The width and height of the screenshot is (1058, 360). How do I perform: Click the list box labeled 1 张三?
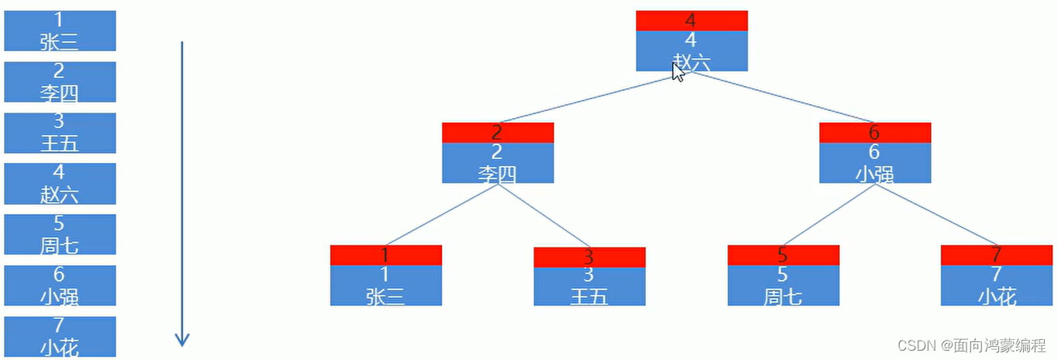pyautogui.click(x=60, y=31)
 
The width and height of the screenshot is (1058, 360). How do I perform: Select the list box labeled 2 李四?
pyautogui.click(x=60, y=82)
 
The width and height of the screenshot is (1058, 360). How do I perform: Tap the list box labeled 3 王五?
pyautogui.click(x=60, y=133)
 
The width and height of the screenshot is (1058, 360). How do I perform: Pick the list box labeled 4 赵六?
pyautogui.click(x=60, y=183)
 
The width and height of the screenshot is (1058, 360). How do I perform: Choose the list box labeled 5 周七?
pyautogui.click(x=60, y=234)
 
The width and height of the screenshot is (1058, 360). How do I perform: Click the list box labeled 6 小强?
pyautogui.click(x=60, y=286)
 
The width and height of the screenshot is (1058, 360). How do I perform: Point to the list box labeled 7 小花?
pyautogui.click(x=60, y=337)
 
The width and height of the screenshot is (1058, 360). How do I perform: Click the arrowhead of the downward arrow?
pyautogui.click(x=182, y=340)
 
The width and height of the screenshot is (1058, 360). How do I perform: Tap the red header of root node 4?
pyautogui.click(x=691, y=21)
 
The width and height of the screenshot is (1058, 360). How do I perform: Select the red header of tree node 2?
pyautogui.click(x=497, y=133)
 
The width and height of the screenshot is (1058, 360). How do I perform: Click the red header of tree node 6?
pyautogui.click(x=874, y=133)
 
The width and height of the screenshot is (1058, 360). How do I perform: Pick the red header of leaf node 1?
pyautogui.click(x=386, y=255)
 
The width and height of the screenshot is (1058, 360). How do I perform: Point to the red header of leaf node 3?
pyautogui.click(x=589, y=258)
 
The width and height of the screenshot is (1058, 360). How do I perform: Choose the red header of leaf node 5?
pyautogui.click(x=783, y=255)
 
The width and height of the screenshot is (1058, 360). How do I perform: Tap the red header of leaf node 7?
pyautogui.click(x=996, y=255)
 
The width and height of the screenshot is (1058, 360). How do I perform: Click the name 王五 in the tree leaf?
pyautogui.click(x=589, y=296)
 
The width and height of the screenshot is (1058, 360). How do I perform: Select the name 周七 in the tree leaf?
pyautogui.click(x=783, y=296)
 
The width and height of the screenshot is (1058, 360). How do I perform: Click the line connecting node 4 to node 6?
pyautogui.click(x=783, y=97)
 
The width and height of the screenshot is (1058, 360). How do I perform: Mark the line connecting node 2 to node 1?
pyautogui.click(x=442, y=214)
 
